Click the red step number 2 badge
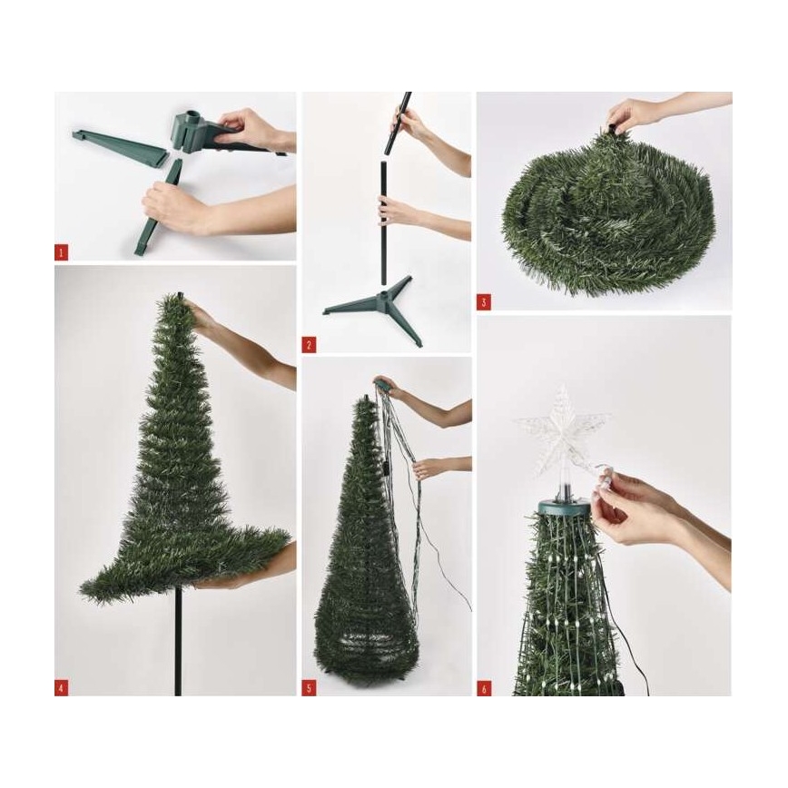pyautogui.click(x=309, y=345)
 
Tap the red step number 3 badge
pyautogui.click(x=484, y=300)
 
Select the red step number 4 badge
pyautogui.click(x=61, y=687)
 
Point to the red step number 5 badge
pyautogui.click(x=309, y=688)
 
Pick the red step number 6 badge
pyautogui.click(x=484, y=688)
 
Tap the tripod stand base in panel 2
pyautogui.click(x=379, y=304)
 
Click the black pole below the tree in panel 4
pyautogui.click(x=178, y=645)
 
